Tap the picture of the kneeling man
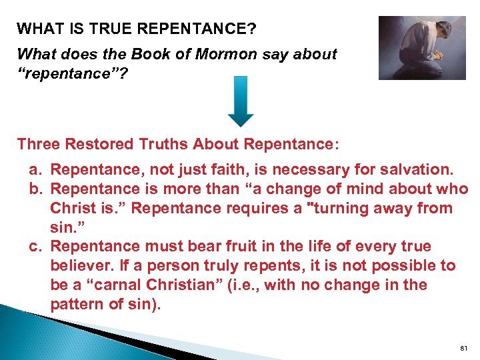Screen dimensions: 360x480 click(421, 47)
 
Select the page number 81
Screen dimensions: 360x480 click(464, 347)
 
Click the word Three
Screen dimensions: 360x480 click(37, 144)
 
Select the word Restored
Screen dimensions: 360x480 click(98, 144)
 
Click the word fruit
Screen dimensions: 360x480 click(223, 247)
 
